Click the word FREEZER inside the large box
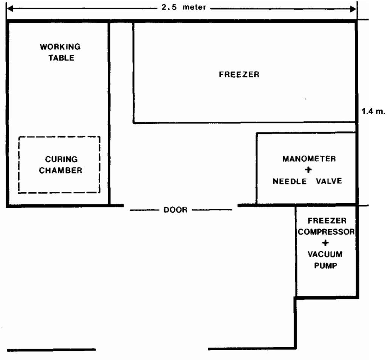point(239,74)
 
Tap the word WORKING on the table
point(60,46)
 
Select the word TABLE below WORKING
point(61,58)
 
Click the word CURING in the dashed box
point(61,159)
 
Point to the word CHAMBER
point(61,170)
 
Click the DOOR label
point(175,210)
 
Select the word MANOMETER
point(309,159)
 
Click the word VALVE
point(329,181)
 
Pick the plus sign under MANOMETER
point(308,170)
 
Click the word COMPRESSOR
point(326,232)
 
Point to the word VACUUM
point(325,254)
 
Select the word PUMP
point(325,266)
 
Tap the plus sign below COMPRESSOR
point(325,243)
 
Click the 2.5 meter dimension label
point(184,8)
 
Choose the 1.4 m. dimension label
point(373,111)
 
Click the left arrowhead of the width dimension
point(10,9)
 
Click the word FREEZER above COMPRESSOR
point(327,221)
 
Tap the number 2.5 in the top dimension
point(169,8)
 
